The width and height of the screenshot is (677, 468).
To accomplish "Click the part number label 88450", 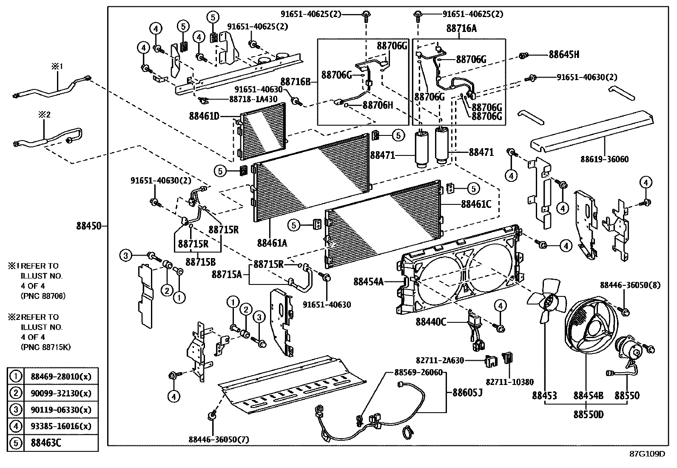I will (89, 226).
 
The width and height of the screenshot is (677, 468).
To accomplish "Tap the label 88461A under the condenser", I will (272, 243).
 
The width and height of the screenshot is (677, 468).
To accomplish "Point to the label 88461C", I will (476, 204).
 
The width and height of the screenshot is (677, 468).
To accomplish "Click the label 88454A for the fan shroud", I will (368, 281).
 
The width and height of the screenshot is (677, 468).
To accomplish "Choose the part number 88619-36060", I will (604, 159).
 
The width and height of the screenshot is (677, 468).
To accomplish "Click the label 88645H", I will (564, 55).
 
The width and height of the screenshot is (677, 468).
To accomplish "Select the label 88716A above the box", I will (461, 29).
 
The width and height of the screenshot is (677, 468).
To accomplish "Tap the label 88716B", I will (296, 81).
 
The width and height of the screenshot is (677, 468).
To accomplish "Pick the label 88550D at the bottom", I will (589, 414).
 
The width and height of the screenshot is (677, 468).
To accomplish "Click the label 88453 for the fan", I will (544, 396).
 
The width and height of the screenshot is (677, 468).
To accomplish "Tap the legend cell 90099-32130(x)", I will (61, 393).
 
